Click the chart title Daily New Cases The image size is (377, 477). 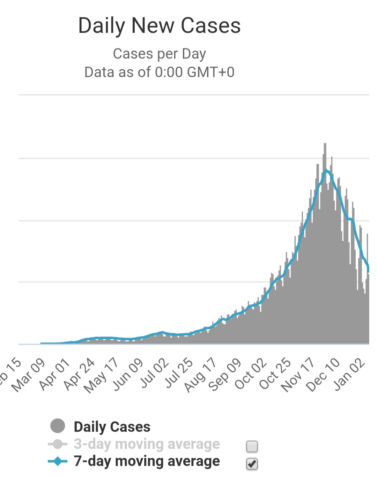pyautogui.click(x=160, y=26)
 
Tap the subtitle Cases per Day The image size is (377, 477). pyautogui.click(x=160, y=54)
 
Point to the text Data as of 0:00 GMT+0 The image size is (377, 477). pyautogui.click(x=160, y=72)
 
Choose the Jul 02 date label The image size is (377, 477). pyautogui.click(x=155, y=374)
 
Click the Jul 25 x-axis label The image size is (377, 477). pyautogui.click(x=179, y=374)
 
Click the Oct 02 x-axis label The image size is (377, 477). pyautogui.click(x=251, y=374)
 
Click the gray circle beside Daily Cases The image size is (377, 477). pyautogui.click(x=58, y=426)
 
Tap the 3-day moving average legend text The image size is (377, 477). pyautogui.click(x=147, y=444)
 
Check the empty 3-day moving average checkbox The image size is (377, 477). pyautogui.click(x=252, y=446)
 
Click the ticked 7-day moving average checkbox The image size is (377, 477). pyautogui.click(x=252, y=464)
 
